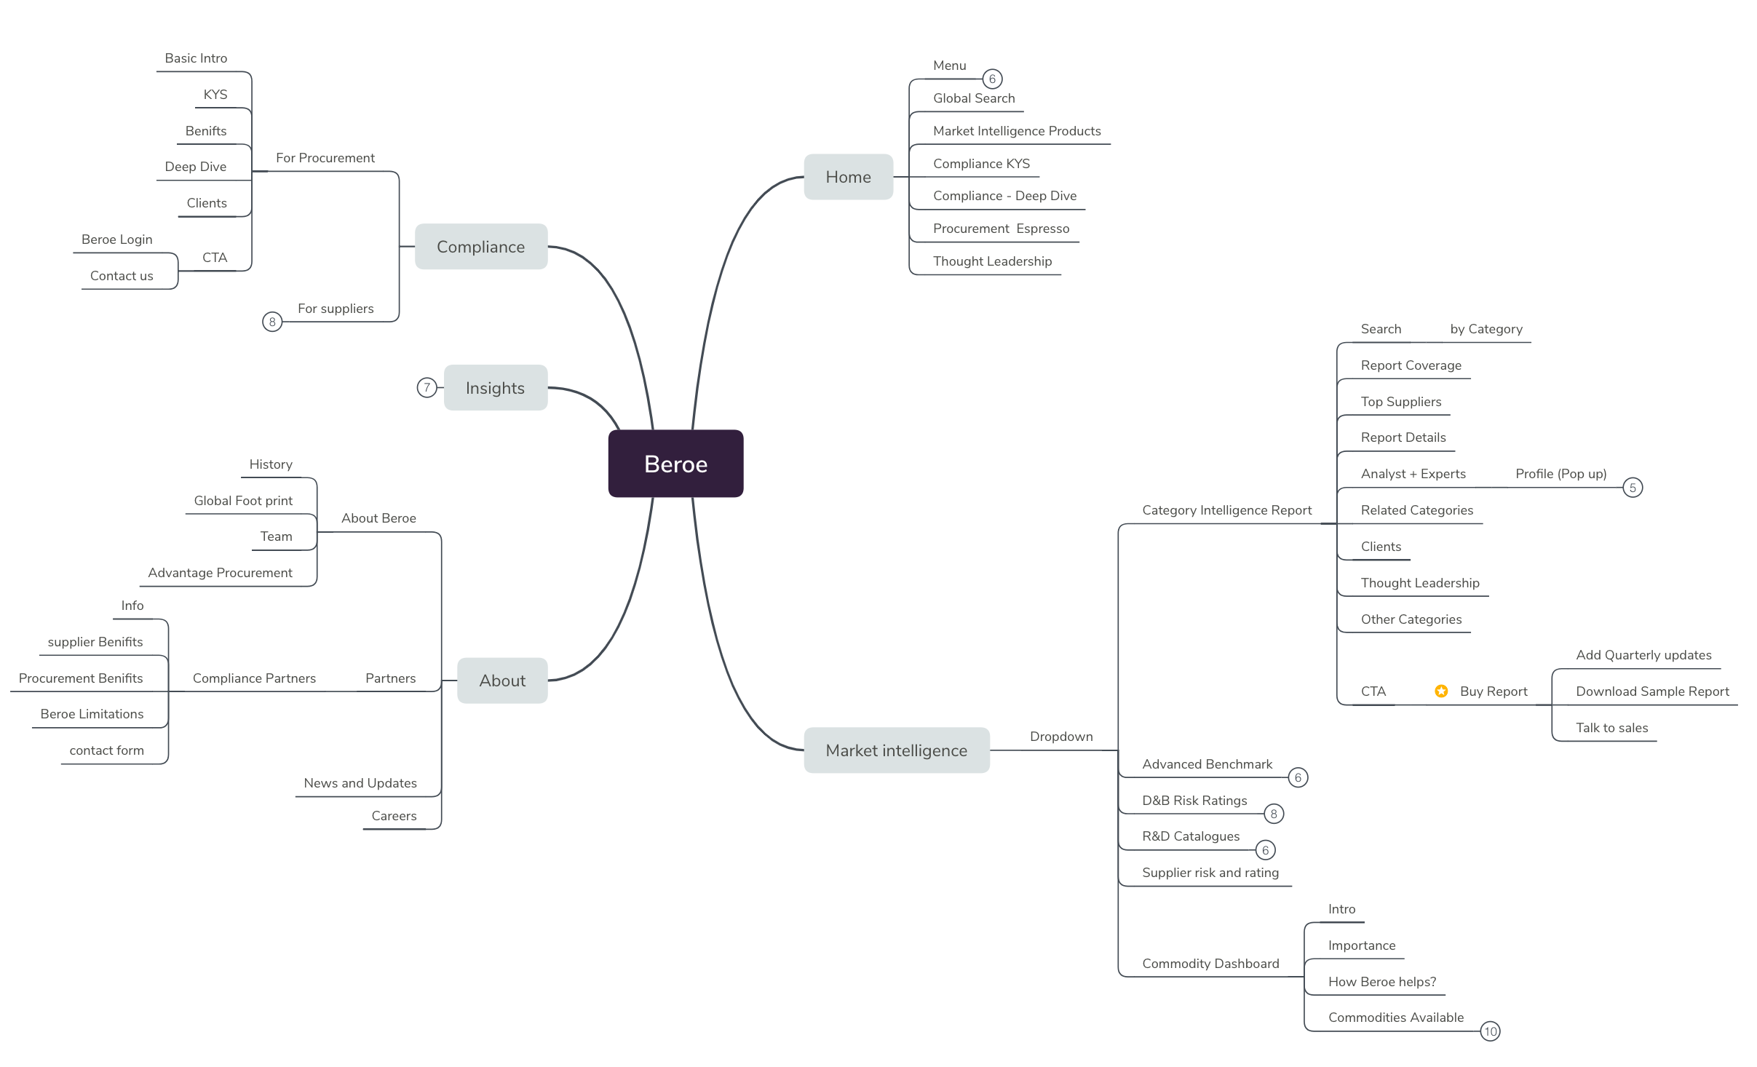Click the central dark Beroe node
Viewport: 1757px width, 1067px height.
[x=675, y=464]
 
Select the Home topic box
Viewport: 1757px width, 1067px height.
[x=848, y=177]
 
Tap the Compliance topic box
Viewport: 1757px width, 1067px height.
[x=480, y=247]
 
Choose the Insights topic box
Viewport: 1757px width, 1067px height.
[x=495, y=388]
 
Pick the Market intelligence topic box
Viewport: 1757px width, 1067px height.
[x=896, y=750]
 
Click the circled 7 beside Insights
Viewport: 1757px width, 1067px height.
[x=427, y=387]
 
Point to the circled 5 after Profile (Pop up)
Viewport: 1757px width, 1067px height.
[x=1633, y=488]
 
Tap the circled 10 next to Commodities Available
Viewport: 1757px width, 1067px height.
[x=1490, y=1031]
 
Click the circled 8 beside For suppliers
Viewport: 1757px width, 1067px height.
[x=272, y=322]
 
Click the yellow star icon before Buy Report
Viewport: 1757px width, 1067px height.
[x=1441, y=691]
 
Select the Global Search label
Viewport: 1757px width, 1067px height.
[x=974, y=98]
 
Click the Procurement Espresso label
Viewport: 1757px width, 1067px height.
[x=1001, y=229]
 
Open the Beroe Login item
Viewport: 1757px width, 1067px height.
[x=117, y=239]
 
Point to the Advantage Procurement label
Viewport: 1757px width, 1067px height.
[x=220, y=573]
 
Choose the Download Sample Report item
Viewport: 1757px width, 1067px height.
[x=1652, y=691]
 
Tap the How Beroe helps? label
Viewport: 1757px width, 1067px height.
[x=1381, y=982]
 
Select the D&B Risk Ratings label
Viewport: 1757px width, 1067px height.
[x=1194, y=801]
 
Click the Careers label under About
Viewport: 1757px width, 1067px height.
[x=394, y=816]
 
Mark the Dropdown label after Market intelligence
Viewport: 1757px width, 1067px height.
[x=1061, y=737]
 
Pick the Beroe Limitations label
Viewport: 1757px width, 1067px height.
[x=92, y=714]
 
